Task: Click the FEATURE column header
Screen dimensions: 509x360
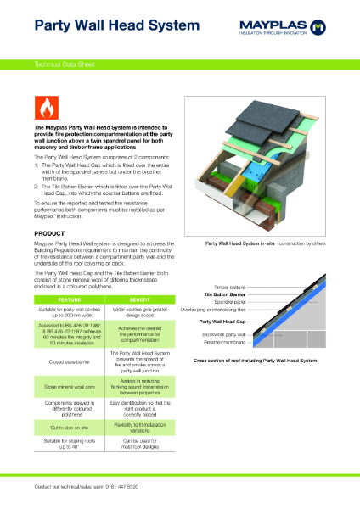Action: tap(69, 300)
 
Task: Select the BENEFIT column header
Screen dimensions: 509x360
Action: tap(141, 300)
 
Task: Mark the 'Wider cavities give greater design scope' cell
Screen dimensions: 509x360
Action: tap(141, 313)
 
